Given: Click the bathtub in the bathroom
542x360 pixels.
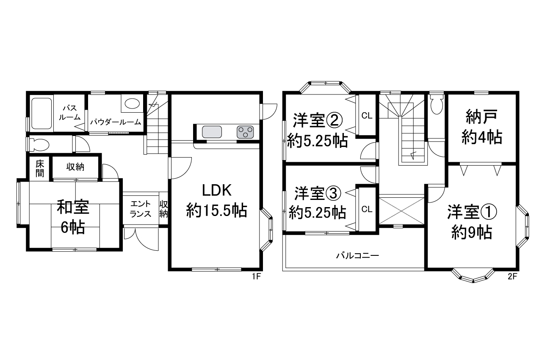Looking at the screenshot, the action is pyautogui.click(x=41, y=113).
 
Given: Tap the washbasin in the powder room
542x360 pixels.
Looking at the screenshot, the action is pyautogui.click(x=132, y=103).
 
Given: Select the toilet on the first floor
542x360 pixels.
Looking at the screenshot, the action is pyautogui.click(x=39, y=145).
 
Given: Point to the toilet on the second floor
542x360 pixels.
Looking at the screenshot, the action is pyautogui.click(x=437, y=104).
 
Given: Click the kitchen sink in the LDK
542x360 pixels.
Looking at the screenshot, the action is pyautogui.click(x=212, y=132).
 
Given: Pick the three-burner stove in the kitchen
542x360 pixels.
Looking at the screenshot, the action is pyautogui.click(x=245, y=132).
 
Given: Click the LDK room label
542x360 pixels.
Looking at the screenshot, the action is pyautogui.click(x=216, y=191).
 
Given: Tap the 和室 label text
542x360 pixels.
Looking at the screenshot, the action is pyautogui.click(x=73, y=207).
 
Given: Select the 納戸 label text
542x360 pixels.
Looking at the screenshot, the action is pyautogui.click(x=481, y=116).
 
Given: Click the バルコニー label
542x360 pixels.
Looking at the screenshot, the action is pyautogui.click(x=357, y=255).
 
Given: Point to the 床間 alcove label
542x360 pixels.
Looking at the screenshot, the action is pyautogui.click(x=40, y=169).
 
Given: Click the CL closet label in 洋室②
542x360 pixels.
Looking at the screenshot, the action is pyautogui.click(x=367, y=116).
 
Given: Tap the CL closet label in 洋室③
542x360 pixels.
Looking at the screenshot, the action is pyautogui.click(x=367, y=209).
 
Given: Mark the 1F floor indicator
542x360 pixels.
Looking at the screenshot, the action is pyautogui.click(x=256, y=277).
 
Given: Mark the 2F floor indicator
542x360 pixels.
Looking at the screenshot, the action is pyautogui.click(x=512, y=277).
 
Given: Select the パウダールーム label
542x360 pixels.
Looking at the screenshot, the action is pyautogui.click(x=116, y=122).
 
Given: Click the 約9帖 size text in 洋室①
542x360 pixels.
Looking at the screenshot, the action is pyautogui.click(x=472, y=233).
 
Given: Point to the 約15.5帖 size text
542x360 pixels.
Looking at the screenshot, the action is pyautogui.click(x=216, y=210).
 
